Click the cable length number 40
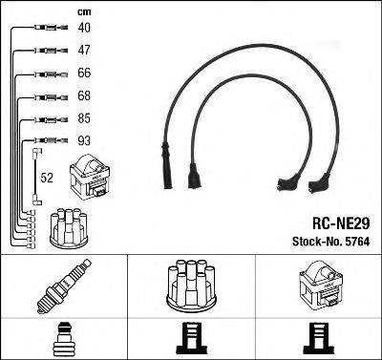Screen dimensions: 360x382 85,29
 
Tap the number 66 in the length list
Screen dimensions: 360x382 85,74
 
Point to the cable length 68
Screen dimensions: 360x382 85,95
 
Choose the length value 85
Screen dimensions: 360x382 85,119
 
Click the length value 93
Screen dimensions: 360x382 85,142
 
